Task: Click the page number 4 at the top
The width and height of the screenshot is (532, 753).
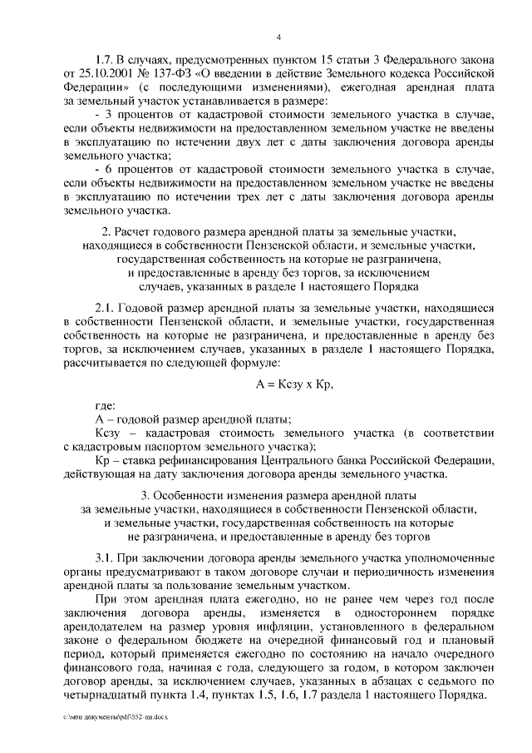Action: [x=279, y=37]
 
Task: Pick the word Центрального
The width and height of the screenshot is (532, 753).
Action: [x=292, y=460]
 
